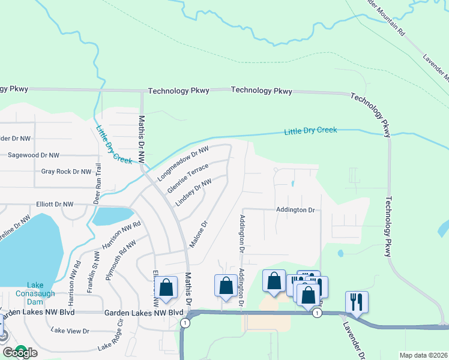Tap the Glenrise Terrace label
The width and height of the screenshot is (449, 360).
(187, 178)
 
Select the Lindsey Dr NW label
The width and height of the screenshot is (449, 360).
(193, 193)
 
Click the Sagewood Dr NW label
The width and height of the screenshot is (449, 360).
(34, 155)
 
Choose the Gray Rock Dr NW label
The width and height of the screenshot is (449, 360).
(65, 172)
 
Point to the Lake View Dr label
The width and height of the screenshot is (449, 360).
(70, 331)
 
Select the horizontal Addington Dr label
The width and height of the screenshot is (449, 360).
(295, 210)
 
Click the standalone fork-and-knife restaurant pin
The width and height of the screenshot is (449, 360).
(357, 302)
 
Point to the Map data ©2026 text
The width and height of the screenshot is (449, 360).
(423, 355)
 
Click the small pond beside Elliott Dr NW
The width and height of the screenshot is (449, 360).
(113, 214)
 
